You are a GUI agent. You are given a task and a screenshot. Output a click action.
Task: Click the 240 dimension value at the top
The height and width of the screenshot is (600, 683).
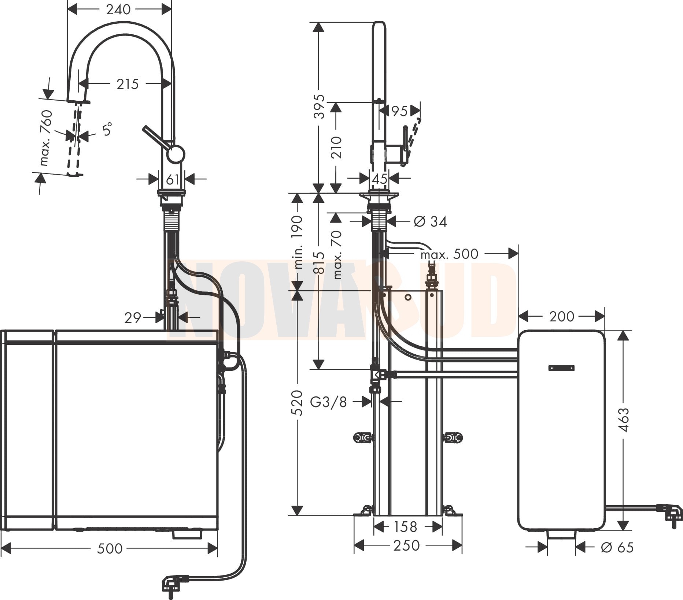pyautogui.click(x=118, y=9)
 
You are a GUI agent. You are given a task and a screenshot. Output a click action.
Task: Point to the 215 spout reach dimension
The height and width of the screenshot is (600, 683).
pyautogui.click(x=128, y=84)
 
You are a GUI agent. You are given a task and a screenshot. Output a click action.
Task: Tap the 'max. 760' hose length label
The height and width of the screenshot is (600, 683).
pyautogui.click(x=47, y=138)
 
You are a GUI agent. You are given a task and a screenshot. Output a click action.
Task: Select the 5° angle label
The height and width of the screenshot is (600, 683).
pyautogui.click(x=107, y=129)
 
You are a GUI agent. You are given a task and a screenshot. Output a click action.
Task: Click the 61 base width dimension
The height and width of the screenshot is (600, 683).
pyautogui.click(x=172, y=179)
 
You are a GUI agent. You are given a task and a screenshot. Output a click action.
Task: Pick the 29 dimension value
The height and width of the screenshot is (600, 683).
pyautogui.click(x=133, y=317)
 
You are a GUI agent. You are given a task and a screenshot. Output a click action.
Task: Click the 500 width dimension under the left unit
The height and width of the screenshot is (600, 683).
pyautogui.click(x=110, y=548)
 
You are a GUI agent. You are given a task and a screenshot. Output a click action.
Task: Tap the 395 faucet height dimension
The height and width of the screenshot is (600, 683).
pyautogui.click(x=320, y=106)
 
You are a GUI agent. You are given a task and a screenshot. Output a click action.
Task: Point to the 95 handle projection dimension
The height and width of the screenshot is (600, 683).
pyautogui.click(x=399, y=111)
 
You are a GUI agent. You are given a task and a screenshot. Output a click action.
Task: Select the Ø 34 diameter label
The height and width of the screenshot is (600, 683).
pyautogui.click(x=430, y=221)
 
